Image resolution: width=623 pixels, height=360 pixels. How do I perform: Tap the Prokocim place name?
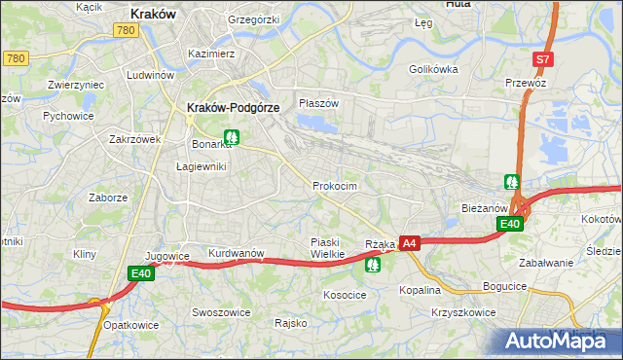(x=334, y=186)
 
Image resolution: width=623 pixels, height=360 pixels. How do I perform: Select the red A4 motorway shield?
(x=409, y=243)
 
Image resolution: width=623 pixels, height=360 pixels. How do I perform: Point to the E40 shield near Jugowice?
(x=140, y=274)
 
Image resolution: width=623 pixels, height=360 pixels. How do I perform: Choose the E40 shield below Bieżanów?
(x=510, y=225)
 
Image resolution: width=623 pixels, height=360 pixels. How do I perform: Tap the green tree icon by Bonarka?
(x=231, y=138)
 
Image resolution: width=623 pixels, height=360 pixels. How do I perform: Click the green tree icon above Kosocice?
(x=372, y=263)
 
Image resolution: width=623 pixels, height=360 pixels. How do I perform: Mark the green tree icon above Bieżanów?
(x=512, y=182)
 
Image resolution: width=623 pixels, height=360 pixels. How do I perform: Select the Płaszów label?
(x=318, y=103)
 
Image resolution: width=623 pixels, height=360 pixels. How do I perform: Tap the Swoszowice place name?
(x=221, y=312)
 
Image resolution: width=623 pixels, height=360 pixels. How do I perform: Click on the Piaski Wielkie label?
(x=321, y=248)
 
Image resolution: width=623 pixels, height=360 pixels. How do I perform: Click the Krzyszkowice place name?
(x=462, y=312)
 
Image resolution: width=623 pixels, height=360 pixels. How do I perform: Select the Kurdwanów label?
(x=237, y=253)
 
